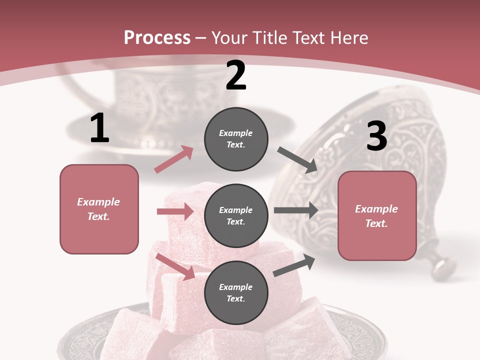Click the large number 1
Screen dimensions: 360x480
coord(99,128)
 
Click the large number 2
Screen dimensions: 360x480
coord(236,75)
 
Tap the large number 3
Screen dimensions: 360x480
coord(376,136)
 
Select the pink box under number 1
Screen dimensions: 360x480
coord(99,209)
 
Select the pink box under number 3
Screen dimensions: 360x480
coord(377,215)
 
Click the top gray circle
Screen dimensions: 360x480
coord(236,139)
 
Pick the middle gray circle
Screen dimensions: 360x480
coord(236,215)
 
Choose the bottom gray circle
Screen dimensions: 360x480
coord(236,292)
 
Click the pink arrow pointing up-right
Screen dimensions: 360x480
coord(174,159)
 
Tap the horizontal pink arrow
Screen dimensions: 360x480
coord(175,212)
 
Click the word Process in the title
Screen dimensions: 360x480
coord(157,37)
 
